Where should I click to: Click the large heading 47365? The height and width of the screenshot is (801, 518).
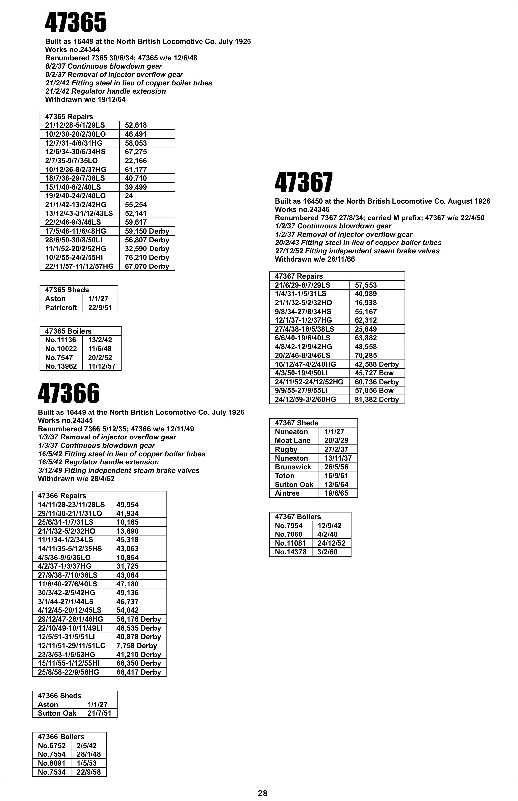[76, 23]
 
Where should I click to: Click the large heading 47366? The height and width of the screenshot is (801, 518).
[69, 393]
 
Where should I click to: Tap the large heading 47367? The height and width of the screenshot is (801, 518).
[304, 183]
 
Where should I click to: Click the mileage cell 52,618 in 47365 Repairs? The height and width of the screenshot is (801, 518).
[136, 125]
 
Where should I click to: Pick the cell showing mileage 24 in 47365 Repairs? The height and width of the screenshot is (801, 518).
[129, 195]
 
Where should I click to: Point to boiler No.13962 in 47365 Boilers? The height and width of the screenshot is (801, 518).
[61, 366]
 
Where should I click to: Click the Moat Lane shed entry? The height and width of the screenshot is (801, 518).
[293, 440]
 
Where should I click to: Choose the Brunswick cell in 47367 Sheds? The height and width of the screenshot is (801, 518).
[293, 467]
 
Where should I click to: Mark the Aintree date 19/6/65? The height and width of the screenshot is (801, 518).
[336, 493]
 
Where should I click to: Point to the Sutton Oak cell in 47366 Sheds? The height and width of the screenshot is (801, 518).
[57, 713]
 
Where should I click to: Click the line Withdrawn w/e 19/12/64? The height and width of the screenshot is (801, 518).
[86, 99]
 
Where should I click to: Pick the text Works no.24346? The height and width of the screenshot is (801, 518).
[302, 209]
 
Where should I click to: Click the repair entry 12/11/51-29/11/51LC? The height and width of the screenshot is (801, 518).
[71, 646]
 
